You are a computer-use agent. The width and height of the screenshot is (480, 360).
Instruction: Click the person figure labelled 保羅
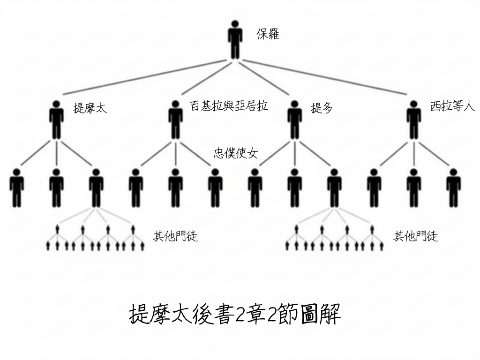tap(235, 39)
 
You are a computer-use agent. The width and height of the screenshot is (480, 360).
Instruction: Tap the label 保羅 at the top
tap(268, 34)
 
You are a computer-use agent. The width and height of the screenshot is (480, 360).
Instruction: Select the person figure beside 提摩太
tap(56, 120)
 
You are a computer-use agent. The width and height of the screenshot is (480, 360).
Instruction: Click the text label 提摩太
tap(90, 108)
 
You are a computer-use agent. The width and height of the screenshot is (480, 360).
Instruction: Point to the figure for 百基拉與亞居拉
tap(176, 120)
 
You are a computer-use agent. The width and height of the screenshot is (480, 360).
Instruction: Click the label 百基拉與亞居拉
tap(229, 106)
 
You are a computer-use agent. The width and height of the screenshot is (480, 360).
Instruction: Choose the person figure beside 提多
tap(295, 120)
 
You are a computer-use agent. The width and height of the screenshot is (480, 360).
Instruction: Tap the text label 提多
tap(322, 108)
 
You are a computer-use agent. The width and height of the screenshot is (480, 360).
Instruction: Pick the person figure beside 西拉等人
tap(413, 120)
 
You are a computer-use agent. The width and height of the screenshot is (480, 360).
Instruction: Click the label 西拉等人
tap(452, 106)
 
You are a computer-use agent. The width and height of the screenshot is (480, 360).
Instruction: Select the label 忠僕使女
tap(236, 153)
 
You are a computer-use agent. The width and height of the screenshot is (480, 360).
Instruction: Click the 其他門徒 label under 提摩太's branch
tap(176, 236)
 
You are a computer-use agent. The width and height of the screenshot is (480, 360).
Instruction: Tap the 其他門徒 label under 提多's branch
tap(416, 236)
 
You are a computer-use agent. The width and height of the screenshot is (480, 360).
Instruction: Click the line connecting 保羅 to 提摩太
tap(145, 77)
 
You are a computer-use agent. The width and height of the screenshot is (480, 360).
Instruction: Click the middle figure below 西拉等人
tap(413, 187)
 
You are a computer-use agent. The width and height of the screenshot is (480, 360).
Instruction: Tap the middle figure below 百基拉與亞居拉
tap(176, 187)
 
